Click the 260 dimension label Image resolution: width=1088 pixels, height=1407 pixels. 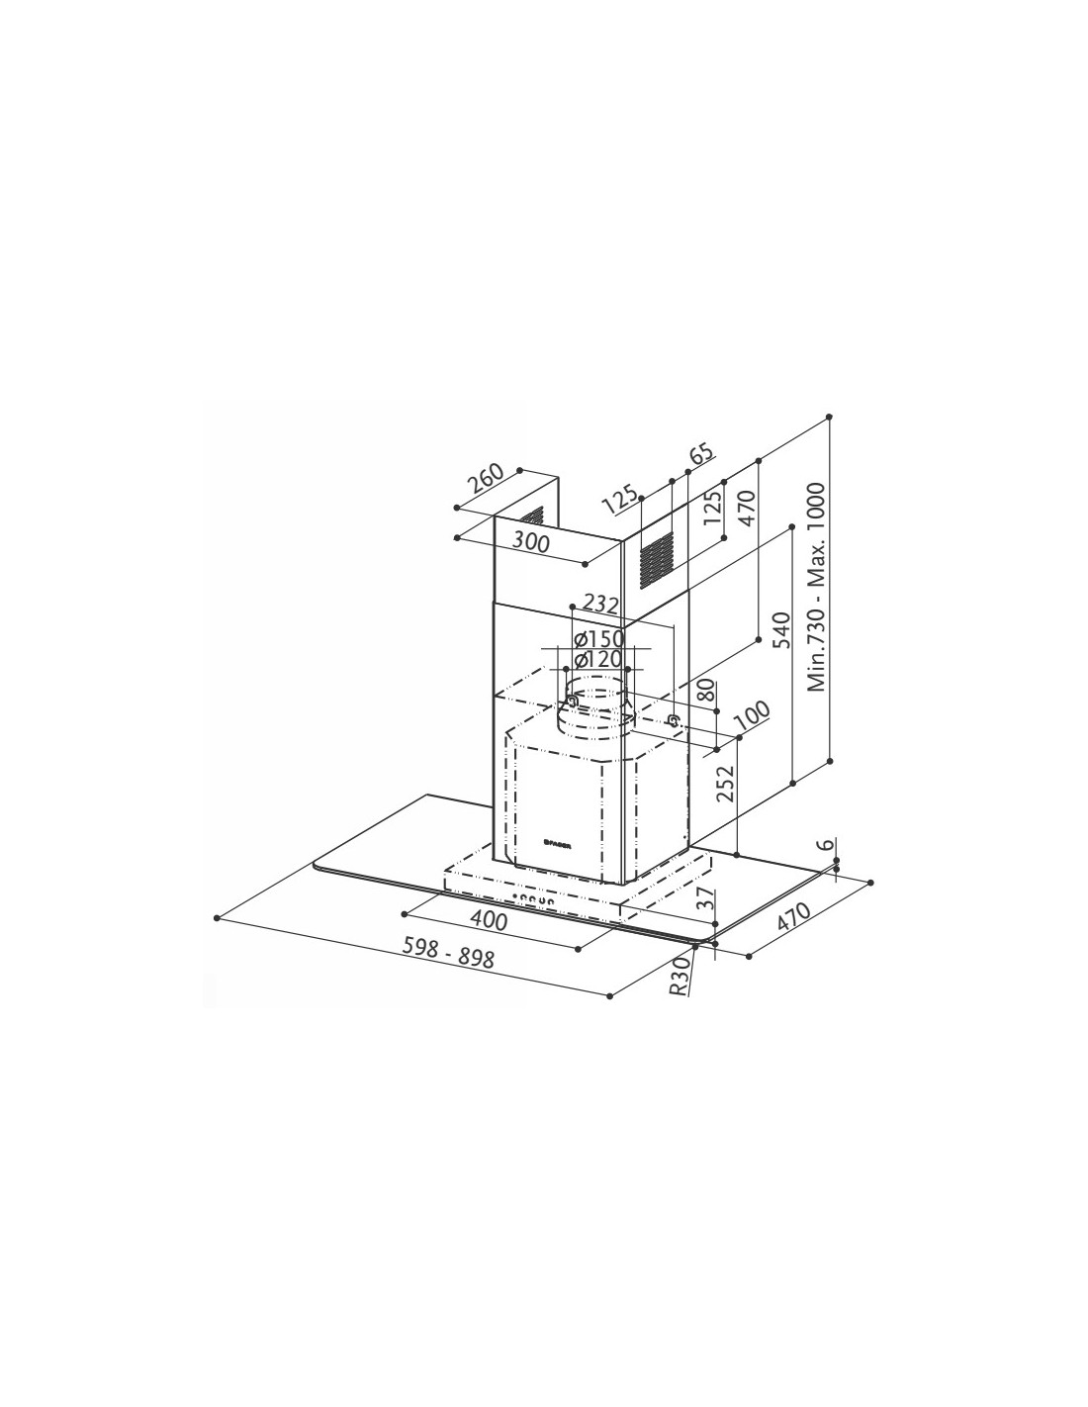485,479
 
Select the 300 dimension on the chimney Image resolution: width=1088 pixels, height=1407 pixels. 531,541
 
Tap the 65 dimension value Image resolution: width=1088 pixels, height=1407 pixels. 701,452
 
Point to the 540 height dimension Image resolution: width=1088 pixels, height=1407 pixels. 780,629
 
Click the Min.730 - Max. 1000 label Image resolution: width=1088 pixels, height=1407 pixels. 817,588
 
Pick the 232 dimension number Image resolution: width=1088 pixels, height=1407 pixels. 600,605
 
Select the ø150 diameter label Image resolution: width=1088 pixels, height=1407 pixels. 599,638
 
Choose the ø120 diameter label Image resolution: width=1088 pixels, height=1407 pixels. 598,660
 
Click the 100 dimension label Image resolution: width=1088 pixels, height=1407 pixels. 752,714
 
